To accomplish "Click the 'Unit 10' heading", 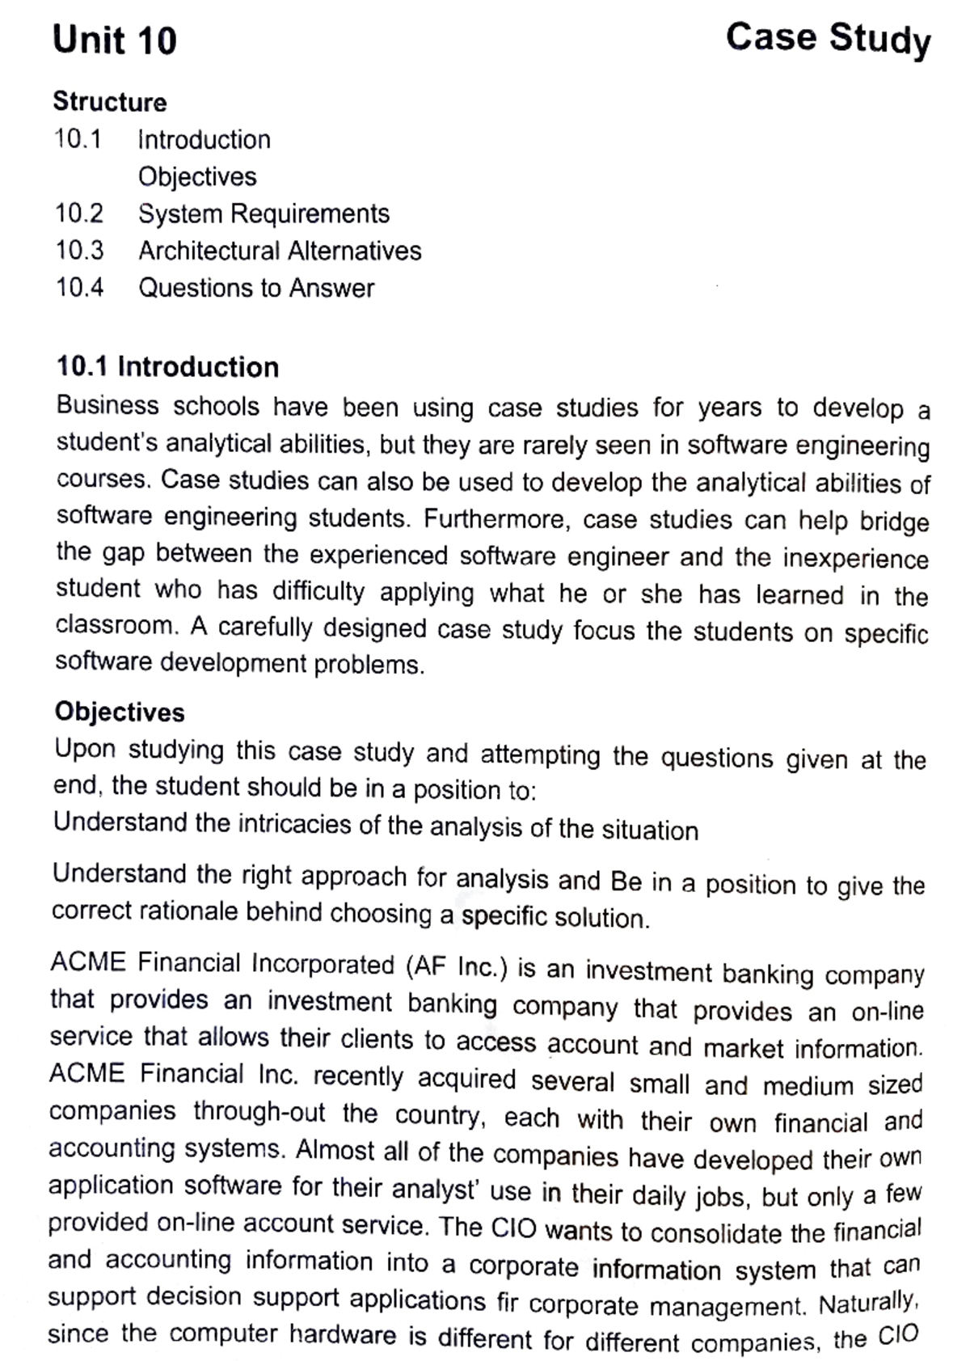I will (114, 40).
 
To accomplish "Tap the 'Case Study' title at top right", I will (828, 39).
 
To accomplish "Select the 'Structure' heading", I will (109, 102).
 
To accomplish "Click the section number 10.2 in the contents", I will (79, 213).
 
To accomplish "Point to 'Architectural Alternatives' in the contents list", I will (280, 251).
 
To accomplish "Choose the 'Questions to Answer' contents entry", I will (256, 288).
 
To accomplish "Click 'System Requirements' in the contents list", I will (264, 213).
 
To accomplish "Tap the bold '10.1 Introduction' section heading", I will (167, 366).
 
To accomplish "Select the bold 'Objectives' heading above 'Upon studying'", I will (120, 712).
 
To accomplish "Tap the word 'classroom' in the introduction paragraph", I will (116, 625).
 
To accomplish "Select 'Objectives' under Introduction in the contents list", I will (197, 176).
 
